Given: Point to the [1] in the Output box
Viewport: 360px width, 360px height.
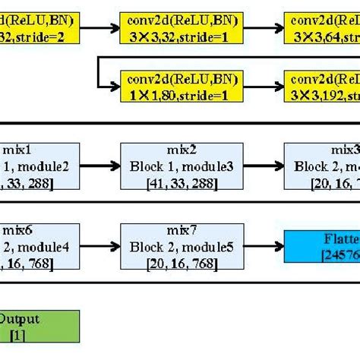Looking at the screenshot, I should pos(36,334).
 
